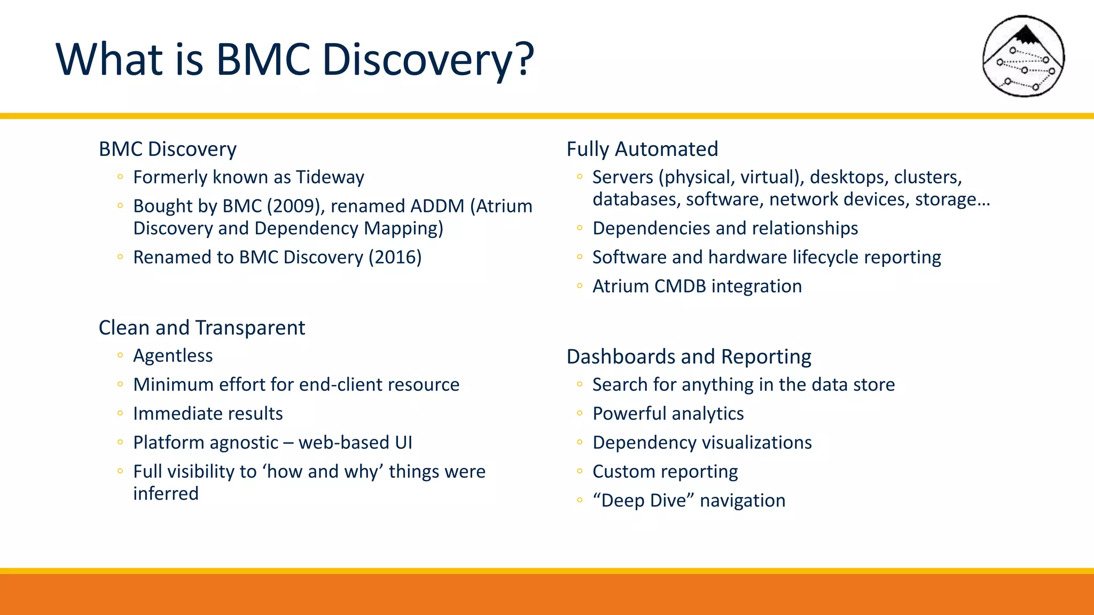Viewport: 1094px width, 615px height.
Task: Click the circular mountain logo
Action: tap(1023, 56)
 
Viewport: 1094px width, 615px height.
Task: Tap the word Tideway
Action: tap(330, 177)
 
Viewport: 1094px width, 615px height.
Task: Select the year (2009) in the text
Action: tap(296, 206)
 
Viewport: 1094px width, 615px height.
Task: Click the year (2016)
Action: tap(395, 257)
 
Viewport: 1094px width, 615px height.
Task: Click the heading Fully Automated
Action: tap(642, 149)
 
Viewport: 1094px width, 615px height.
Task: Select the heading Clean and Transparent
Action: tap(202, 328)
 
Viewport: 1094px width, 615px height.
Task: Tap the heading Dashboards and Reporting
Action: tap(689, 357)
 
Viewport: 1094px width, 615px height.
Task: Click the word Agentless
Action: tap(173, 356)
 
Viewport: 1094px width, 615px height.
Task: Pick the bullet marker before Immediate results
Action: tap(120, 413)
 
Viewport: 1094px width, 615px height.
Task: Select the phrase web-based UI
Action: tap(355, 443)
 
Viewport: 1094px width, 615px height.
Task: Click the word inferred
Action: tap(166, 494)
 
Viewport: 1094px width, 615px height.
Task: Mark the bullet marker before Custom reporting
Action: tap(580, 471)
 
